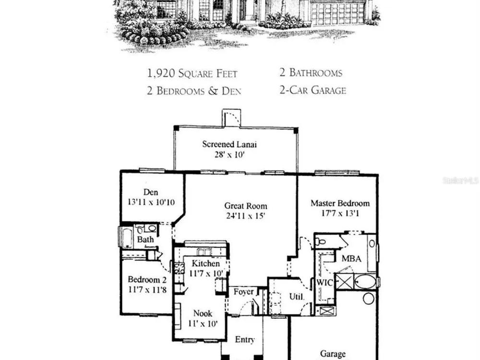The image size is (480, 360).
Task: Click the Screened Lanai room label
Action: tap(229, 144)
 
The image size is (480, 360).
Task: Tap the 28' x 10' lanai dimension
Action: tap(229, 155)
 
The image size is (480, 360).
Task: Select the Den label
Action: tap(151, 192)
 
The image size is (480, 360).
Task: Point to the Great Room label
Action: tap(245, 206)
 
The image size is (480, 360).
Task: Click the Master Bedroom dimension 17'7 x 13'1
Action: tap(340, 214)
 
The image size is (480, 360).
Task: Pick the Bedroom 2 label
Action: tap(147, 279)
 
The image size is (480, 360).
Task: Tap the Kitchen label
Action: tap(206, 263)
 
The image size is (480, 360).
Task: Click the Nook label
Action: tap(203, 313)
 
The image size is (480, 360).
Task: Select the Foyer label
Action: tap(244, 292)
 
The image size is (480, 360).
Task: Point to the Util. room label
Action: tap(297, 296)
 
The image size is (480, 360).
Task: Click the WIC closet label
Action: tap(324, 282)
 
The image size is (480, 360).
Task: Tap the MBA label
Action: tap(351, 259)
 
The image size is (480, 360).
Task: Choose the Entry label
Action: tap(245, 339)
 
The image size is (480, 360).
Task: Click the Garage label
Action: tap(333, 354)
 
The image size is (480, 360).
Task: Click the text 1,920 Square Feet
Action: tap(192, 73)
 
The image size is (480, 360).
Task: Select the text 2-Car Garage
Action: tap(312, 90)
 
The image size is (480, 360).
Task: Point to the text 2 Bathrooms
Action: tap(311, 72)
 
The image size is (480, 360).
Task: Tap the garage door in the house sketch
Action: tap(338, 13)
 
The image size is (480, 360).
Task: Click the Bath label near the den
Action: tap(145, 239)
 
